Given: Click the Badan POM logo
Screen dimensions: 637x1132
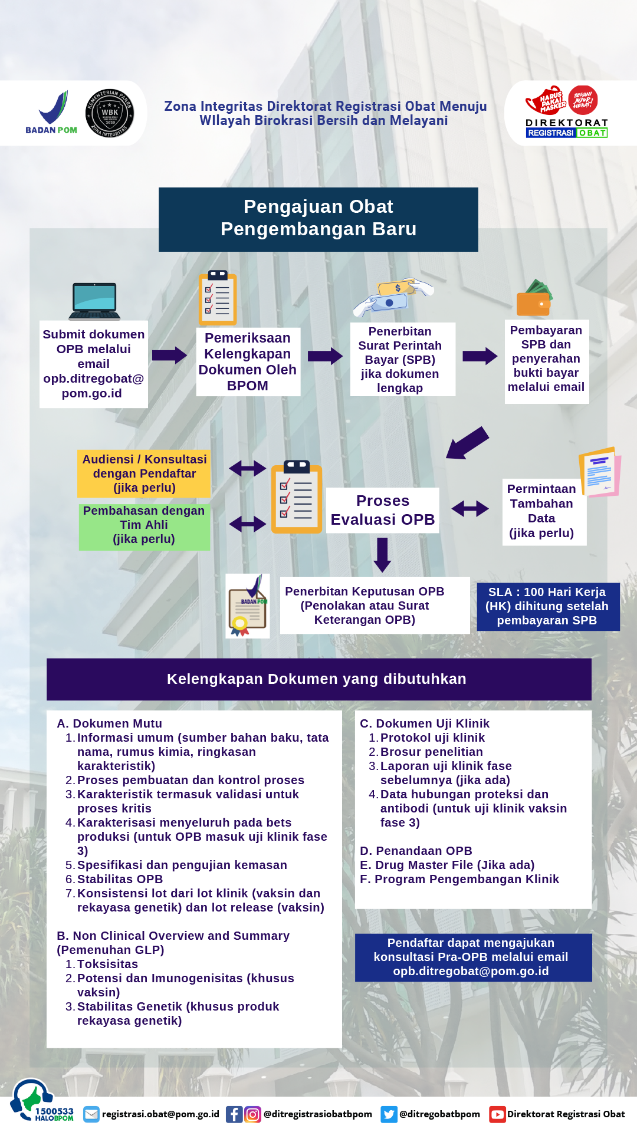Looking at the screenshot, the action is click(x=51, y=112).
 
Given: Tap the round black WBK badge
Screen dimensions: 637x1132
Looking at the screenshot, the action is click(x=110, y=113).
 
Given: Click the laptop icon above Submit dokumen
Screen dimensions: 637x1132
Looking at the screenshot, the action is click(x=94, y=301).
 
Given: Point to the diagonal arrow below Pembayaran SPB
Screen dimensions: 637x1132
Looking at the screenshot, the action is click(x=468, y=442).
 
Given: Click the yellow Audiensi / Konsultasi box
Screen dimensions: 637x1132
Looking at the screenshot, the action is click(x=144, y=473).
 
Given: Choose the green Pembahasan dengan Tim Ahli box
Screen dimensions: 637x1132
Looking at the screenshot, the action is click(x=144, y=525).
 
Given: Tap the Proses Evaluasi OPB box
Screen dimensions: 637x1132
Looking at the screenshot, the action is click(x=383, y=510).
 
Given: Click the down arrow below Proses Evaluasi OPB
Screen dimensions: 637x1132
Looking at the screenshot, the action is click(x=383, y=555).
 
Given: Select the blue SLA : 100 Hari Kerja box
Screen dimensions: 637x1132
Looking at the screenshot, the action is click(x=548, y=606).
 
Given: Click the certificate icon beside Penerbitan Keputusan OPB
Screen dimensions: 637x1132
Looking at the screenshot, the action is click(x=248, y=606).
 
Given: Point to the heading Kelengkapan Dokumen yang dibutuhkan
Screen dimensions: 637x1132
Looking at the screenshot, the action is click(x=317, y=679).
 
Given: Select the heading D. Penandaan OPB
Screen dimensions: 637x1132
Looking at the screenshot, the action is click(x=416, y=851).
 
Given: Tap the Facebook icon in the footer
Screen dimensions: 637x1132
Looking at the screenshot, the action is click(x=234, y=1114).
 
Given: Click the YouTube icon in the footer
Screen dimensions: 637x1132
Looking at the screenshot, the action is click(x=497, y=1114).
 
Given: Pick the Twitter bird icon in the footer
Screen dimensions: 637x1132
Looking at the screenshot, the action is click(x=389, y=1114).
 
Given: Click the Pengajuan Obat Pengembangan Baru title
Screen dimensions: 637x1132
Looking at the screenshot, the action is click(x=318, y=218).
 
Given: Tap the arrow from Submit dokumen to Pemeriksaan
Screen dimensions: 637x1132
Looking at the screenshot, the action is click(x=169, y=355).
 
